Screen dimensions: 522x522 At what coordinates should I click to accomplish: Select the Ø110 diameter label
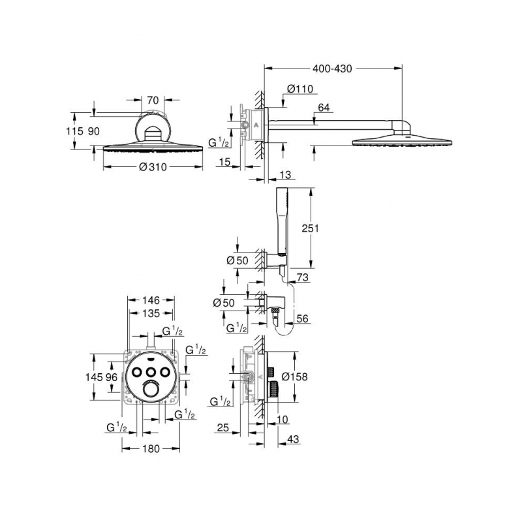click(300, 89)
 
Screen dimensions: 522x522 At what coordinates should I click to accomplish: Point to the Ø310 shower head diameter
click(153, 167)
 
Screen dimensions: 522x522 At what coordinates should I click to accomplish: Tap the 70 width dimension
click(153, 100)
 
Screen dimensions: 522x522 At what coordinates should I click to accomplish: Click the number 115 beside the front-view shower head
click(75, 131)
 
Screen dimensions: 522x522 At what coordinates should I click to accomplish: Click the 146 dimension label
click(151, 301)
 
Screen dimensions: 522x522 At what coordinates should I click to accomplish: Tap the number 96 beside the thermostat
click(112, 377)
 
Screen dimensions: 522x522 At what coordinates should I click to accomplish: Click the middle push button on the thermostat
click(151, 371)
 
